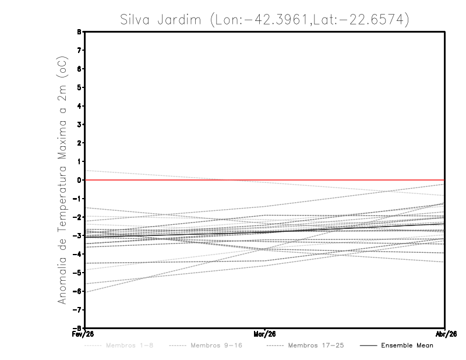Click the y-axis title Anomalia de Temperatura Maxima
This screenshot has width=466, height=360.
coord(62,181)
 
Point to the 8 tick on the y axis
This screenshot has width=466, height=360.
coord(80,32)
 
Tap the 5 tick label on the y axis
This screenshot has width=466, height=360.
coord(80,87)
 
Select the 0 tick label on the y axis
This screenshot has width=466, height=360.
coord(80,180)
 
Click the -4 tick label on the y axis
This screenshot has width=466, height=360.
coord(78,254)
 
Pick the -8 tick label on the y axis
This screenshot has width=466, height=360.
coord(78,328)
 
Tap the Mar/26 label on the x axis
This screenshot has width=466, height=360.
coord(265,334)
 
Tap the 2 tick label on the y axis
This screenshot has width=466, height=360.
coord(80,143)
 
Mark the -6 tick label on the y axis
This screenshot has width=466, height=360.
coord(78,291)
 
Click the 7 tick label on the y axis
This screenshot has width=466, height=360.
coord(80,50)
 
